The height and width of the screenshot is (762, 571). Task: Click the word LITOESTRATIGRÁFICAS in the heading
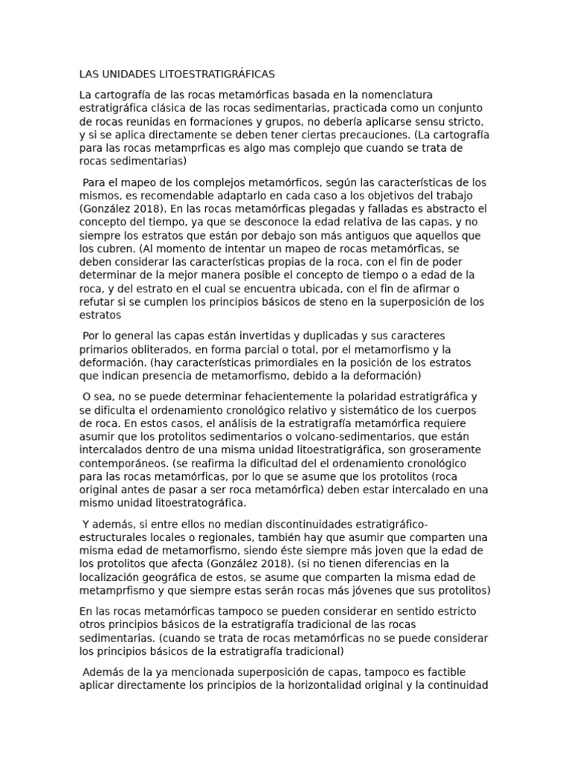213,74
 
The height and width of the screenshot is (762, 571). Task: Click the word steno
338,301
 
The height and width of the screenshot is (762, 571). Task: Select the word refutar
98,301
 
